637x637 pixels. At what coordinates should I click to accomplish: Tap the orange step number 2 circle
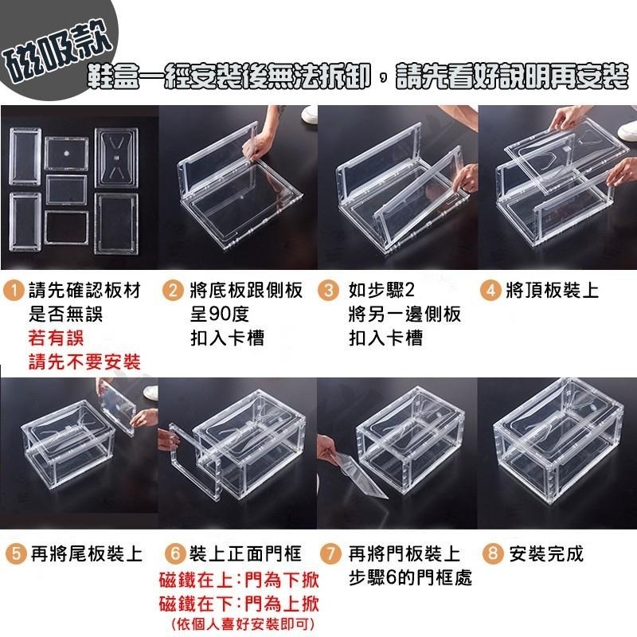[x=174, y=291]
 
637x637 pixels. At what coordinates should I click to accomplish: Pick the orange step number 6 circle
[x=175, y=553]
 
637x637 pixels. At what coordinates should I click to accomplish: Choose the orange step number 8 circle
[x=492, y=553]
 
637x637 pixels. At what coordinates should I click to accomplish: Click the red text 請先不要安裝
[x=84, y=362]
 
